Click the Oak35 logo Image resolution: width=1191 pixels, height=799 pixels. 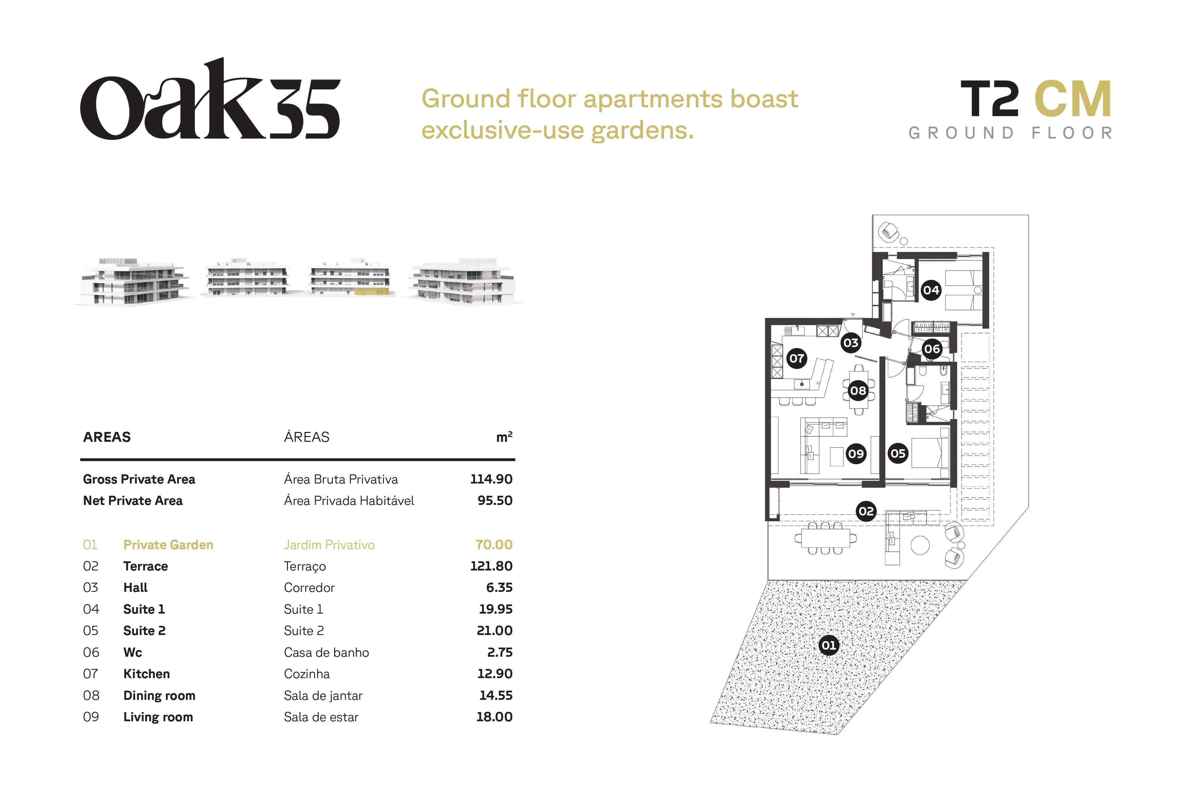tap(210, 99)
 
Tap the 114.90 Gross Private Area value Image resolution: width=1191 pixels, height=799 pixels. tap(491, 479)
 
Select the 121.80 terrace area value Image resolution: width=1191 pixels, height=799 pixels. tap(491, 566)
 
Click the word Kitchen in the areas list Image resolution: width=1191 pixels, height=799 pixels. tap(146, 674)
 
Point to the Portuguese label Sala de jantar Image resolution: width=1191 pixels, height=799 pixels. tap(323, 695)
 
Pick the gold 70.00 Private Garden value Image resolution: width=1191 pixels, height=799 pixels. tap(494, 545)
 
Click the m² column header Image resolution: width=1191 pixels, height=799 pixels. tap(504, 437)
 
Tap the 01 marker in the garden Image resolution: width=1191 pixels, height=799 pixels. tap(829, 646)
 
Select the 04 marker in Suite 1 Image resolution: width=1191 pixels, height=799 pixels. tap(931, 290)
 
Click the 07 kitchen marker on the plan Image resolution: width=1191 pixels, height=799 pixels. tap(797, 358)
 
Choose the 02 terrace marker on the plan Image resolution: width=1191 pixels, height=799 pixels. tap(866, 511)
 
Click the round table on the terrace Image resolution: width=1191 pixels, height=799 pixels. tap(920, 546)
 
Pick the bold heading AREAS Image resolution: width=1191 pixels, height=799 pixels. tap(107, 437)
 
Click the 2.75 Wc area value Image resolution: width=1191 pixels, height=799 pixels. tap(500, 652)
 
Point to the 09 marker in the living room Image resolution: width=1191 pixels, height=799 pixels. tap(856, 454)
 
